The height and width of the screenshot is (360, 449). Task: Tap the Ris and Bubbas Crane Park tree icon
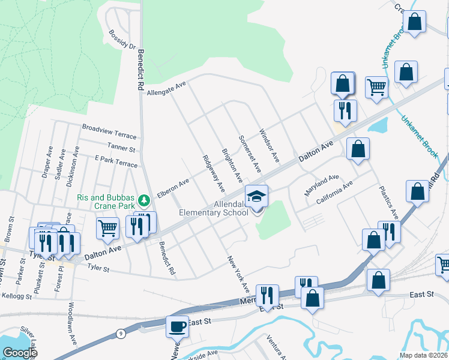tap(143, 199)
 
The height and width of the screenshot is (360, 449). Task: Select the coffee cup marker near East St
tap(177, 327)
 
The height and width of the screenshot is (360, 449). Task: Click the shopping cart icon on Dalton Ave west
tap(107, 227)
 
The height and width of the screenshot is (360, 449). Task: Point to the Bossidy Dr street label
tap(123, 39)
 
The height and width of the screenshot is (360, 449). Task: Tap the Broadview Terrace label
tap(110, 128)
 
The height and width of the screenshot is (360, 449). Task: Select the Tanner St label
tap(121, 146)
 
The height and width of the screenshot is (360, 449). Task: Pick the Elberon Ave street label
tap(173, 187)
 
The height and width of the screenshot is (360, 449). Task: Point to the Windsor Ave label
tap(269, 145)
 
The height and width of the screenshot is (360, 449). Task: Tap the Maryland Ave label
tap(321, 180)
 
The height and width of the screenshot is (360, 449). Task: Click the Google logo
tap(20, 353)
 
